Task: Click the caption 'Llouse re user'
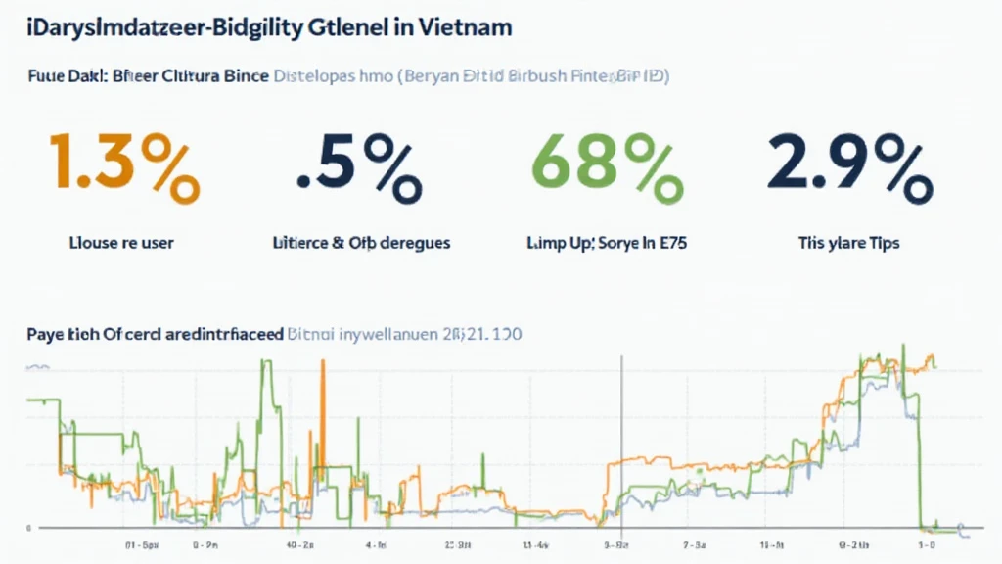[x=123, y=242]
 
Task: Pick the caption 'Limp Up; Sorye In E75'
[x=608, y=242]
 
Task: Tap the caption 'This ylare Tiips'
[x=846, y=242]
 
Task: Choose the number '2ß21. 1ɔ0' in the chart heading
[x=481, y=334]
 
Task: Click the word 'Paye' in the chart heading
[x=46, y=334]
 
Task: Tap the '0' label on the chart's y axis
[x=28, y=528]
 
